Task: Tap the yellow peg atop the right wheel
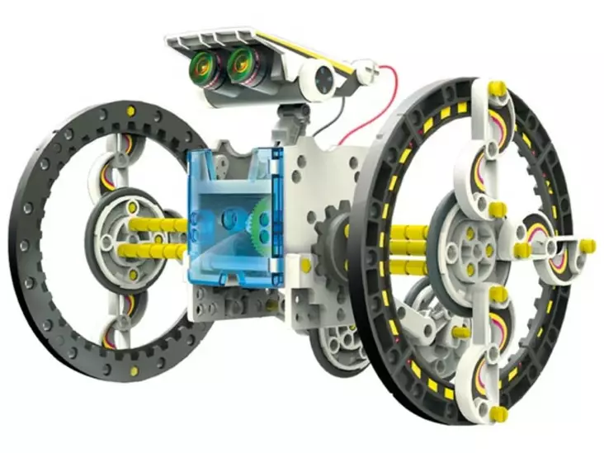497,87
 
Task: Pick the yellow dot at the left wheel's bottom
134,372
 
